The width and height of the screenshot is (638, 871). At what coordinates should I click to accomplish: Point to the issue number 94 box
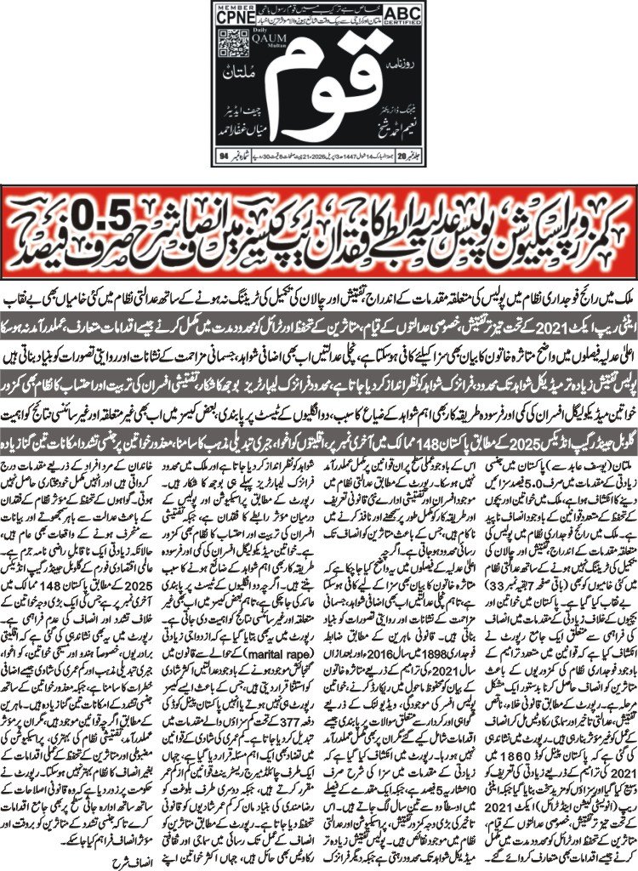coord(225,157)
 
